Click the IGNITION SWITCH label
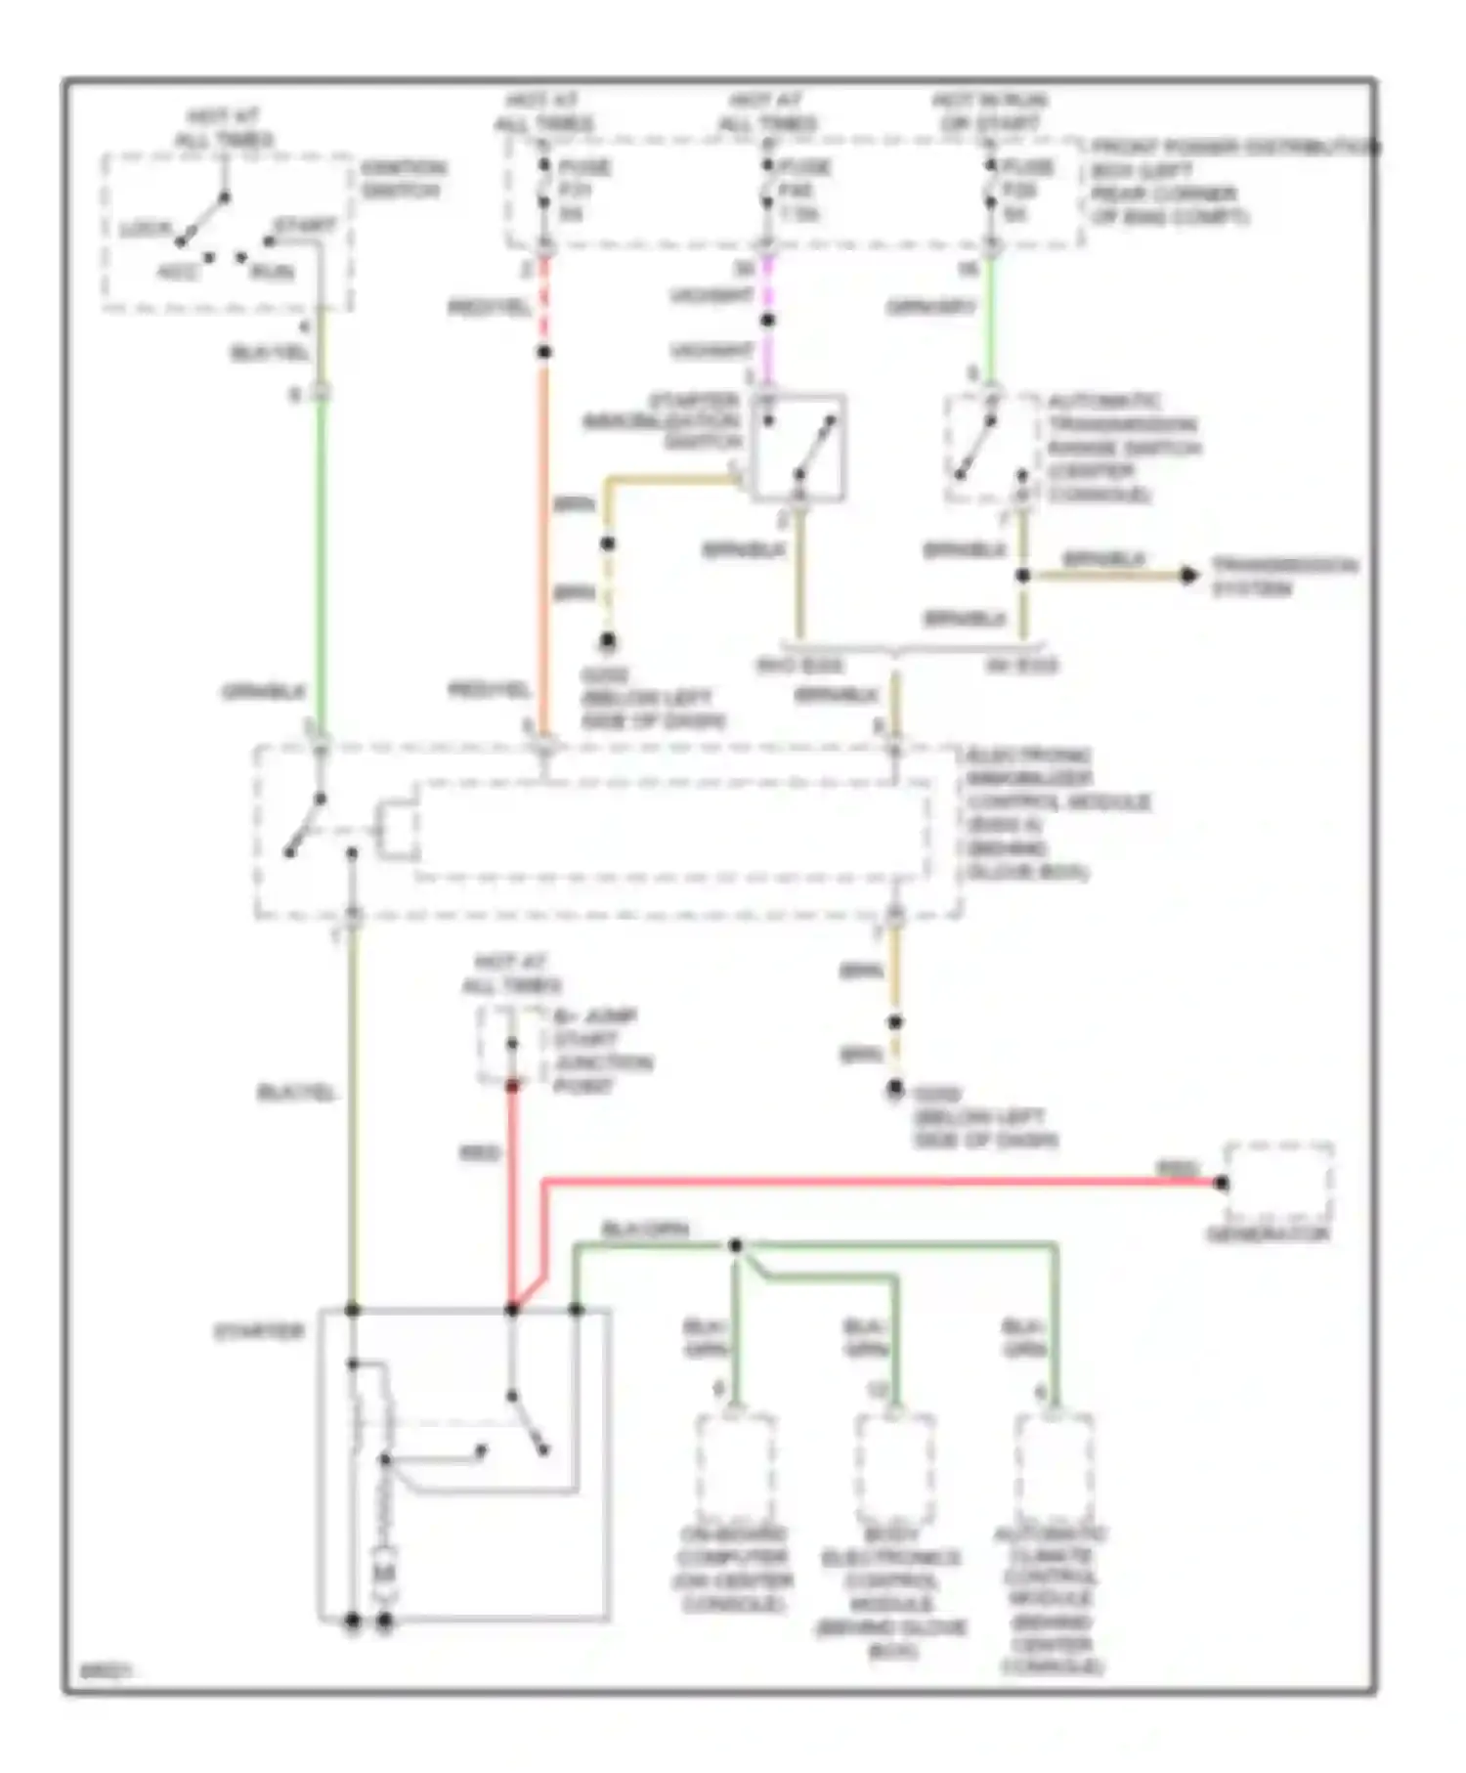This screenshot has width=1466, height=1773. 403,178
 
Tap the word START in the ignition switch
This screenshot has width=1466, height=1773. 304,226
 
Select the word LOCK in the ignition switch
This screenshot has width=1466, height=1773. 144,230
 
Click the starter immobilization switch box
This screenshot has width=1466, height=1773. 798,448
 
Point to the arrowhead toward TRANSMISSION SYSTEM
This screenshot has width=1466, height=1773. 1188,575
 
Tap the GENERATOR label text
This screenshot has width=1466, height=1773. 1268,1234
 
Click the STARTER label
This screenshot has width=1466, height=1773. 259,1331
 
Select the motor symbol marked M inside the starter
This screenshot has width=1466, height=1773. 385,1572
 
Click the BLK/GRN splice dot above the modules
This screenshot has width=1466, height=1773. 736,1245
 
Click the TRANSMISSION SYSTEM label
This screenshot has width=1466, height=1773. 1283,577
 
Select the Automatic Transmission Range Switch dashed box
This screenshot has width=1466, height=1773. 991,448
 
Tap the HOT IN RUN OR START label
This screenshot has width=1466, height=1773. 989,112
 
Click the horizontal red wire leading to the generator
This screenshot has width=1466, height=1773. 880,1182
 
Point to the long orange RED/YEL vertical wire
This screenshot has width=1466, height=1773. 544,547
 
